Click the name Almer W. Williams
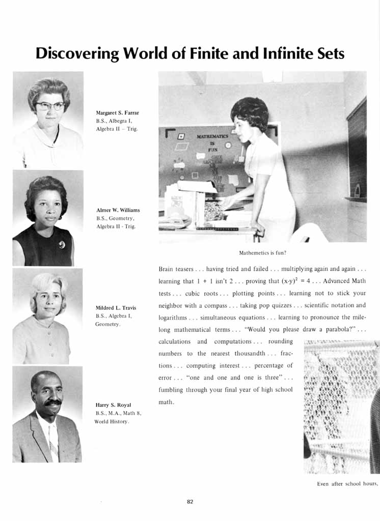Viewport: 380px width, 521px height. point(118,210)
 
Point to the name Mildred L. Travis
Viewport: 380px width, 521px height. point(116,308)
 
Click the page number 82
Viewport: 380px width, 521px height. point(190,502)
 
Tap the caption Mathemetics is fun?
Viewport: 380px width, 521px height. point(262,252)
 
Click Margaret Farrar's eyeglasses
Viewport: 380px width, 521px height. point(49,106)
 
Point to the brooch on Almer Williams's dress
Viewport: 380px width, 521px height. point(62,245)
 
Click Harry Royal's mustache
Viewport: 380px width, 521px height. point(52,402)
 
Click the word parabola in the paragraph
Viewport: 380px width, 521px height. point(335,329)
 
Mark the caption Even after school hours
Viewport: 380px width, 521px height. point(347,484)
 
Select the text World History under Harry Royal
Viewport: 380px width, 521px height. point(111,422)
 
